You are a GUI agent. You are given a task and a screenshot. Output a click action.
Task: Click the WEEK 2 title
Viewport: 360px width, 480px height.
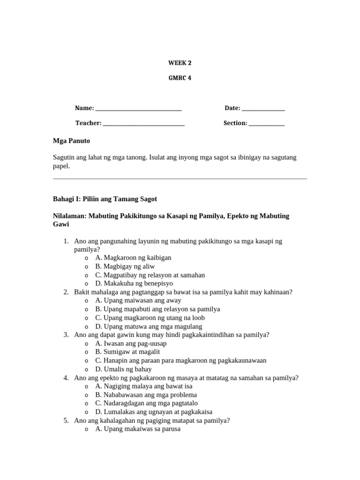point(180,63)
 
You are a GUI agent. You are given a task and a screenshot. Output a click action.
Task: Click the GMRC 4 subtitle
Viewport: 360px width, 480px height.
point(180,78)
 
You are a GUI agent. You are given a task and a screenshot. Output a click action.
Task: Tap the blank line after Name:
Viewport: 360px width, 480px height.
point(138,109)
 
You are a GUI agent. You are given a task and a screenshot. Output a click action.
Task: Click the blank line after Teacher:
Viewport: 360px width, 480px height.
point(143,124)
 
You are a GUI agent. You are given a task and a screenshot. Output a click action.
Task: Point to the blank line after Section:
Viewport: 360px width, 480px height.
point(266,124)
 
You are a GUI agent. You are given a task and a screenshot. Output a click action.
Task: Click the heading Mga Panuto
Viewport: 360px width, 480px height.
point(71,141)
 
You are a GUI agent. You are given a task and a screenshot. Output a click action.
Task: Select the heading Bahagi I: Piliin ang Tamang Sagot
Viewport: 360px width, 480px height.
point(105,199)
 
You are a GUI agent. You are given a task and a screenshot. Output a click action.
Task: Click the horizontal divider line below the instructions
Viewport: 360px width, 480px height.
point(180,179)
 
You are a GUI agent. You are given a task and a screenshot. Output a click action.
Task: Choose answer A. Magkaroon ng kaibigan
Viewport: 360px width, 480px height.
point(133,258)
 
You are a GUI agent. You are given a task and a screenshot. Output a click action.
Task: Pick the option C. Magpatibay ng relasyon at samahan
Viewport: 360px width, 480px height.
point(150,275)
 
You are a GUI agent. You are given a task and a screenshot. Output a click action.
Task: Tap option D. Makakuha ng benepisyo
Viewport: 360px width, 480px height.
point(134,284)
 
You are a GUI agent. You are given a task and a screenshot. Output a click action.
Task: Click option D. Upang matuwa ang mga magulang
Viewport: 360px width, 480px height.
point(149,327)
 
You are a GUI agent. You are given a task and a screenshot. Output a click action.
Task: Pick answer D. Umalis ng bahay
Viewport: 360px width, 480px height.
point(123,369)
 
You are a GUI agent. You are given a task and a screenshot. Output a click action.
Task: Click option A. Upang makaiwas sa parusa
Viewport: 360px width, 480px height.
point(138,429)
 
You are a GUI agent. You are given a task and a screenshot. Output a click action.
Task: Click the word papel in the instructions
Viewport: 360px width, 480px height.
point(61,166)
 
